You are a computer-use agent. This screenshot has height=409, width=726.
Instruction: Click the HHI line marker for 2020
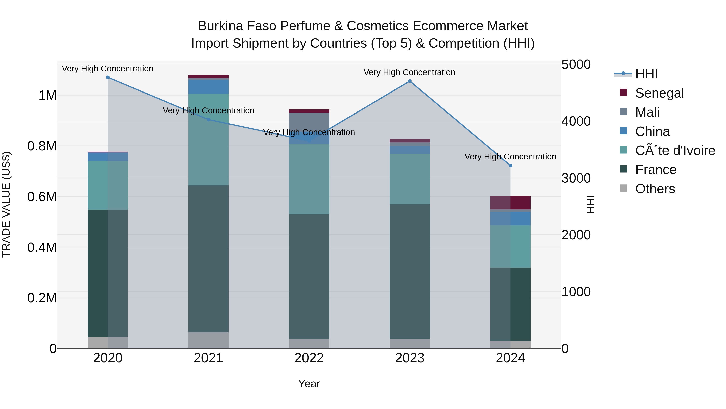click(x=108, y=77)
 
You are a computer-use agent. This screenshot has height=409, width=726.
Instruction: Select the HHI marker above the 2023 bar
click(x=410, y=81)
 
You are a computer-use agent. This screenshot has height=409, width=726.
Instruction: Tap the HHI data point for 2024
click(x=510, y=166)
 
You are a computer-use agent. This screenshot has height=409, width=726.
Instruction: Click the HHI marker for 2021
click(x=209, y=120)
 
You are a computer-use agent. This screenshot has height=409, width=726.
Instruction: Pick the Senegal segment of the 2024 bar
click(x=510, y=203)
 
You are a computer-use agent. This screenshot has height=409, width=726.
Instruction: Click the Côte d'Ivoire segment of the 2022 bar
click(x=309, y=179)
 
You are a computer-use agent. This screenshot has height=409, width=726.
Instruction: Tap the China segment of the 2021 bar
click(x=209, y=87)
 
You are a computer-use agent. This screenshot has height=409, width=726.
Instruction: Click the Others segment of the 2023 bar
click(x=410, y=344)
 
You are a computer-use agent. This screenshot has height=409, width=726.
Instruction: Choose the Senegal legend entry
click(x=659, y=93)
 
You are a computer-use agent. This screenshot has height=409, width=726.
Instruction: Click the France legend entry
click(x=656, y=170)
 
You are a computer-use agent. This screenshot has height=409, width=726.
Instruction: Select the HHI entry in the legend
click(x=646, y=74)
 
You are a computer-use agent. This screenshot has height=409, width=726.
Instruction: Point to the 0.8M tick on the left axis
click(x=42, y=146)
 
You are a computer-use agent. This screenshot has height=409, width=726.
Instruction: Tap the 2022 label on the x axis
click(x=309, y=358)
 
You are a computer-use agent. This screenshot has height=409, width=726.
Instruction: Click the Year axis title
click(x=309, y=384)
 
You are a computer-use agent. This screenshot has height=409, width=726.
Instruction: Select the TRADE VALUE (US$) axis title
click(x=6, y=204)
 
